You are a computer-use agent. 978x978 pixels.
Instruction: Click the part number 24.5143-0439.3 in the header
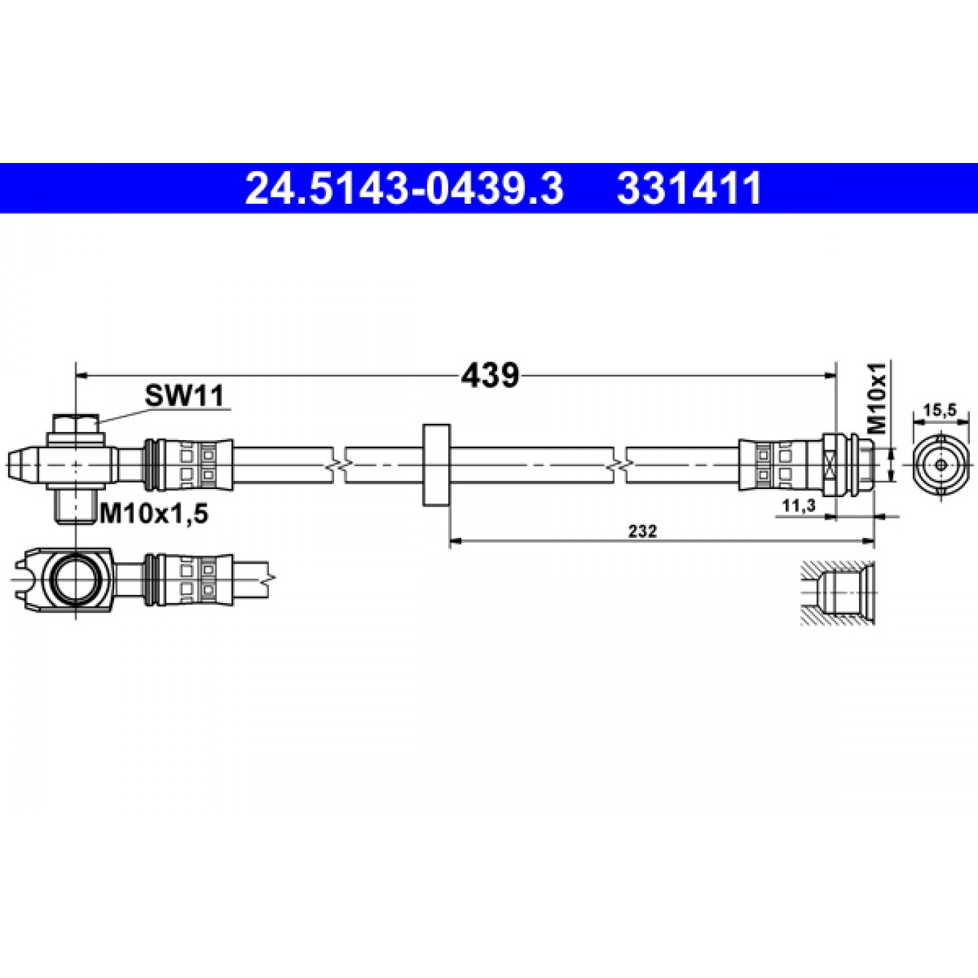[404, 187]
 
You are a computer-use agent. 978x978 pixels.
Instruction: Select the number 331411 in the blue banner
[689, 187]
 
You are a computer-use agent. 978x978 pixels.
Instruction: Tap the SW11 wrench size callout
[184, 395]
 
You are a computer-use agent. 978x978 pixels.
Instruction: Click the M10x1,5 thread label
[153, 515]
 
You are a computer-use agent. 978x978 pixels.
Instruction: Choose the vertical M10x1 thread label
[876, 399]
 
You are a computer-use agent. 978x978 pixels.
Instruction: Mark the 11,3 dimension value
[799, 506]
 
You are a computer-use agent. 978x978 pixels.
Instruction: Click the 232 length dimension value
[643, 531]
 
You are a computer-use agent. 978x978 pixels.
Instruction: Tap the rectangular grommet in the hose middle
[437, 465]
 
